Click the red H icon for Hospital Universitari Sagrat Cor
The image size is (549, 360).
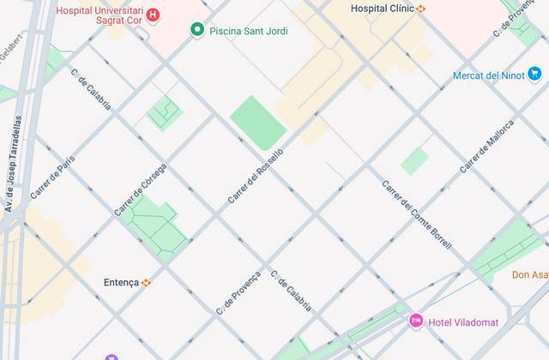tap(153, 15)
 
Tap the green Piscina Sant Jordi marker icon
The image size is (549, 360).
tap(197, 31)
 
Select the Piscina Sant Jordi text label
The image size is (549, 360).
tap(249, 31)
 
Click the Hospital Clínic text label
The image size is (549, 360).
tap(383, 9)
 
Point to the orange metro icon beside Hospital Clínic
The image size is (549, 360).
tap(421, 9)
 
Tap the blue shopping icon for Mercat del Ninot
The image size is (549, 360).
tap(462, 75)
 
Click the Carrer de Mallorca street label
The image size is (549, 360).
tap(487, 146)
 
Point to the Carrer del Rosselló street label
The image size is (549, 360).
tap(256, 176)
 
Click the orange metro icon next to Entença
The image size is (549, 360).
tap(147, 282)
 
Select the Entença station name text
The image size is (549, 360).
tap(121, 282)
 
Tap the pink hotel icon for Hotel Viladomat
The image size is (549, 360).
tap(416, 321)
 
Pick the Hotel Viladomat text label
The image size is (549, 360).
tap(463, 321)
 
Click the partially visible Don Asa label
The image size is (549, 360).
tap(529, 274)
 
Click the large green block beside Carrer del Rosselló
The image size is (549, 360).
tap(258, 123)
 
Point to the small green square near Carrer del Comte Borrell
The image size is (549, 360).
tap(415, 161)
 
